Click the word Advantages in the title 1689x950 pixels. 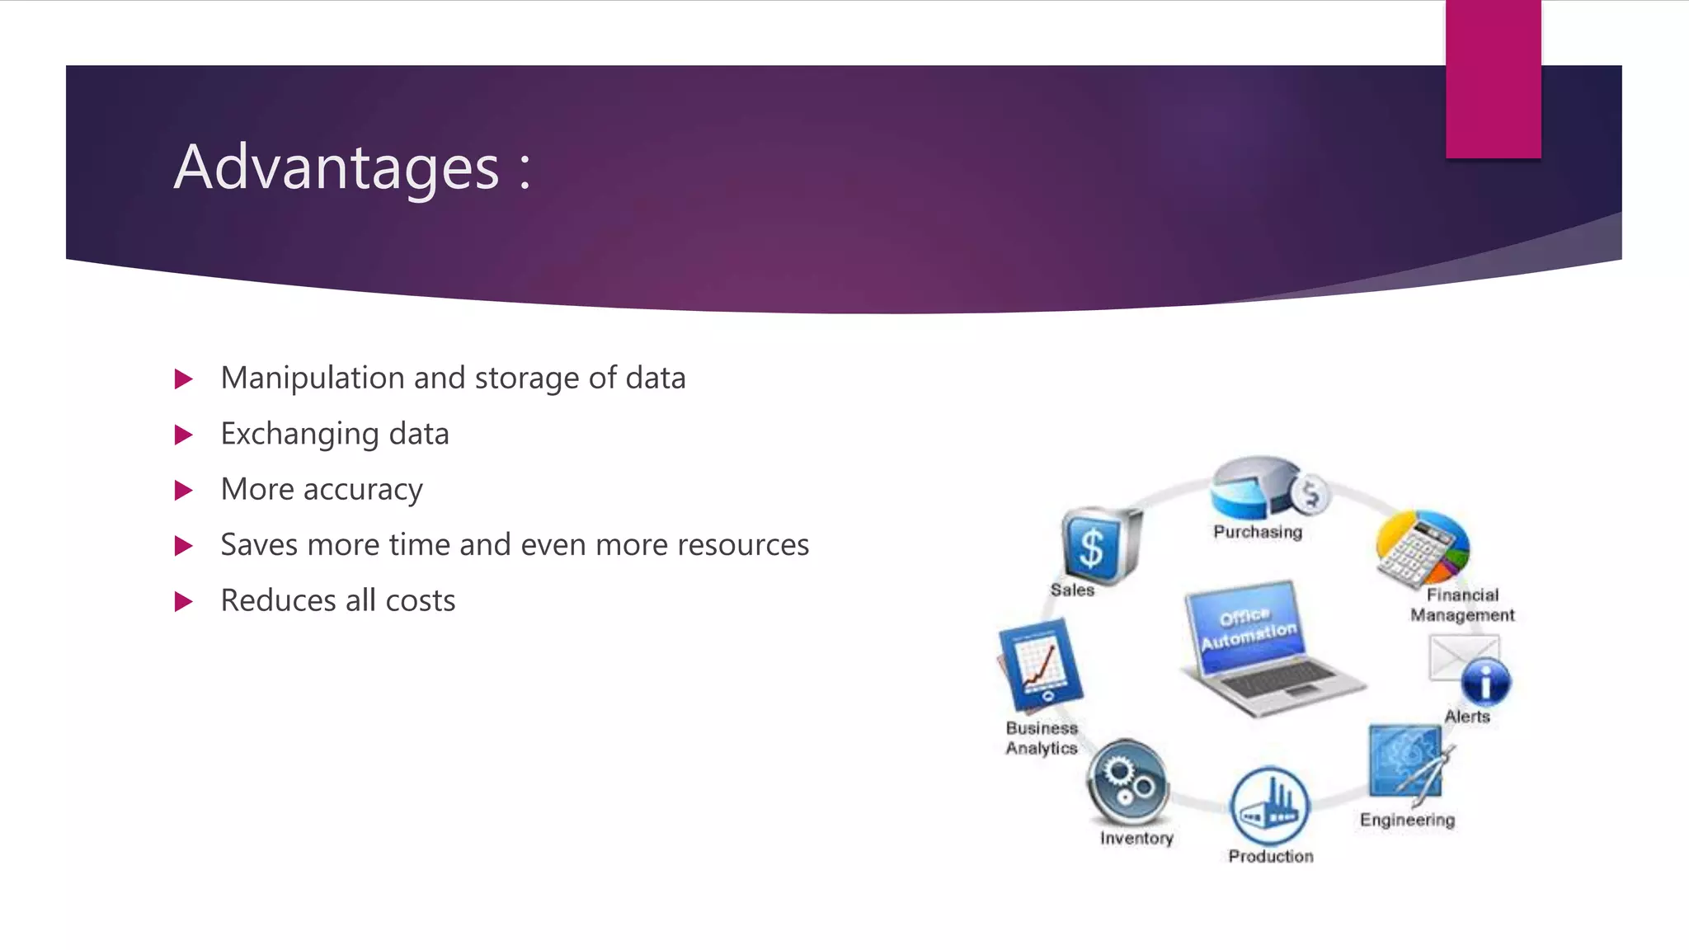tap(336, 167)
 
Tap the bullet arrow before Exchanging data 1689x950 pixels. tap(184, 435)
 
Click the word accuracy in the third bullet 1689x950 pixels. tap(362, 490)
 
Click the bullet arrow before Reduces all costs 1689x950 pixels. tap(184, 601)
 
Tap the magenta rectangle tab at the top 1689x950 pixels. tap(1493, 78)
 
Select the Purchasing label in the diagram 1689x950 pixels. tap(1257, 532)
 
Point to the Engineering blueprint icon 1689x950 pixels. tap(1406, 761)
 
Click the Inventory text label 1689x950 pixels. tap(1136, 838)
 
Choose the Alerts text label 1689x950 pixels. tap(1466, 717)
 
